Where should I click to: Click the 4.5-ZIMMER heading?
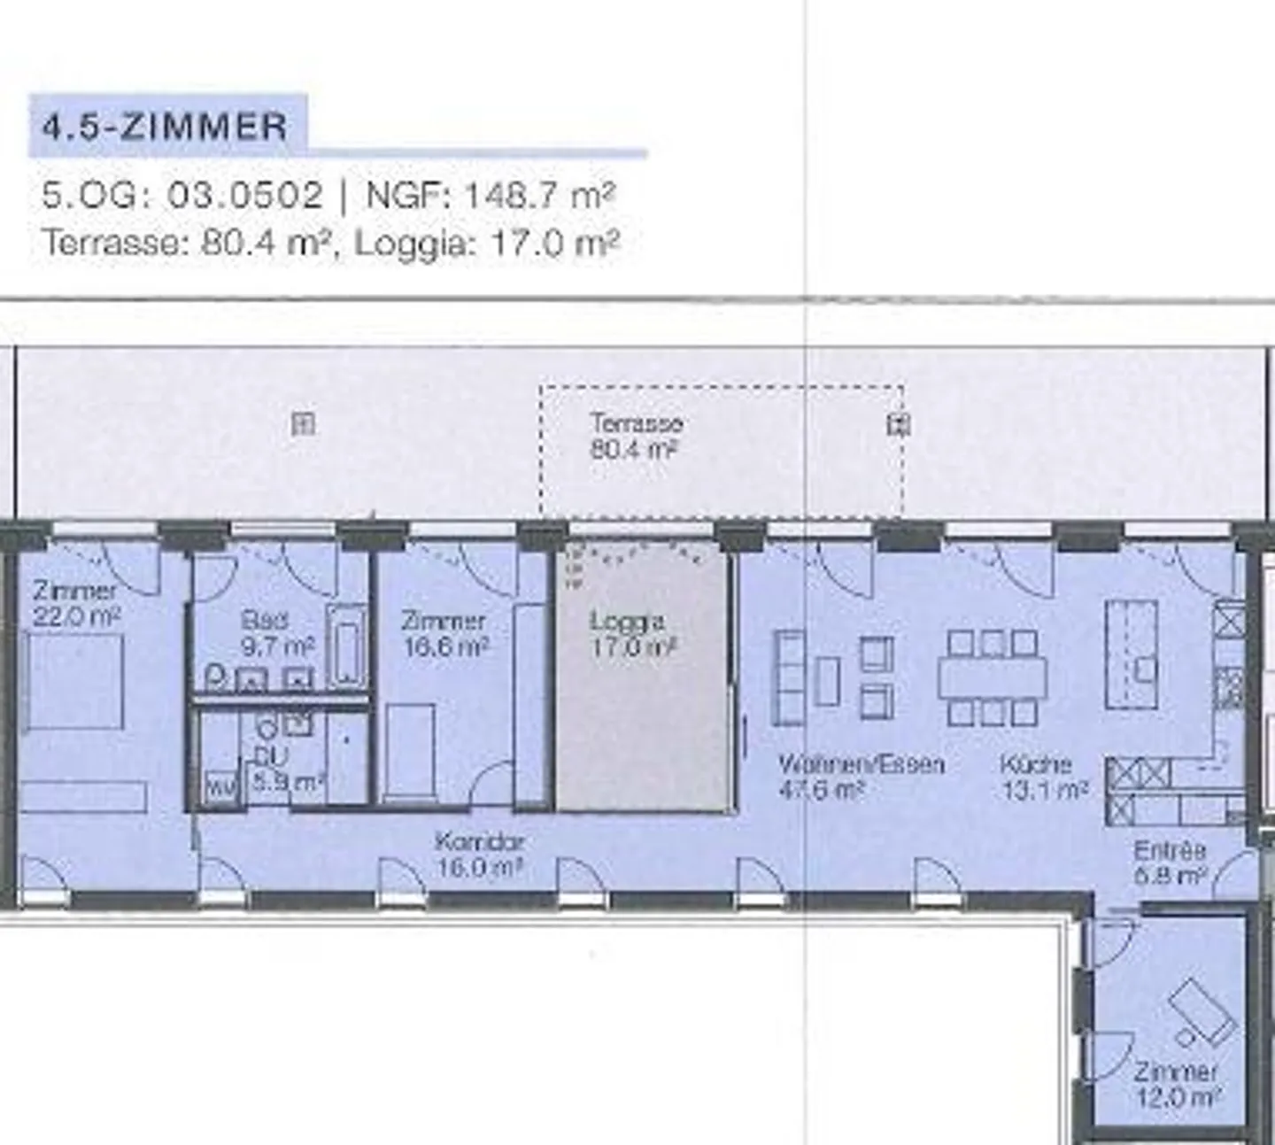166,127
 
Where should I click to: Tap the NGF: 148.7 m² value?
490,195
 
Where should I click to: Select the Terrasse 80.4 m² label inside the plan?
636,436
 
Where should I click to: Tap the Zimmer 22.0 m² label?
76,603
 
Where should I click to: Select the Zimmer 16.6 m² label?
444,634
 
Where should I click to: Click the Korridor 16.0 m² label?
480,854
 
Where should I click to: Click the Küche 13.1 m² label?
1043,776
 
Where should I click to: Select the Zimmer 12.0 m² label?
1176,1084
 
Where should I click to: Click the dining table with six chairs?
993,677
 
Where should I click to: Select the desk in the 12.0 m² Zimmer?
1202,1010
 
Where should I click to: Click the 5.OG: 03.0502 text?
182,195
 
